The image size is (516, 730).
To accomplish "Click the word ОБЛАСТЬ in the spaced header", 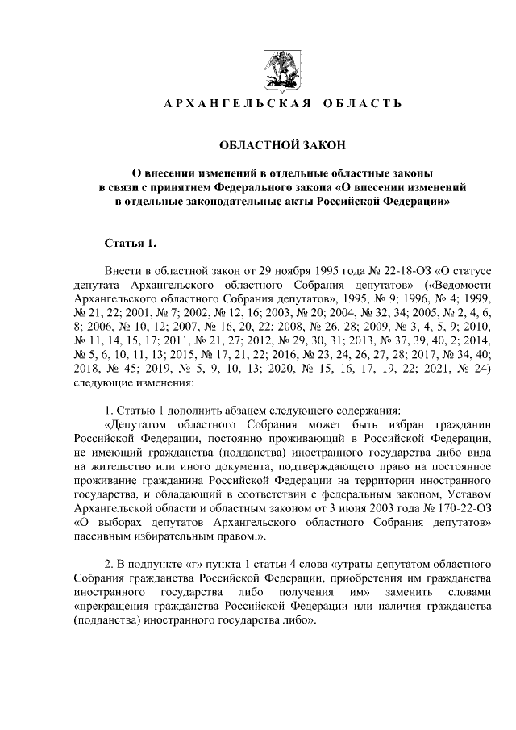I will coord(361,105).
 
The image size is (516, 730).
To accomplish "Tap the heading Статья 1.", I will coord(127,243).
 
